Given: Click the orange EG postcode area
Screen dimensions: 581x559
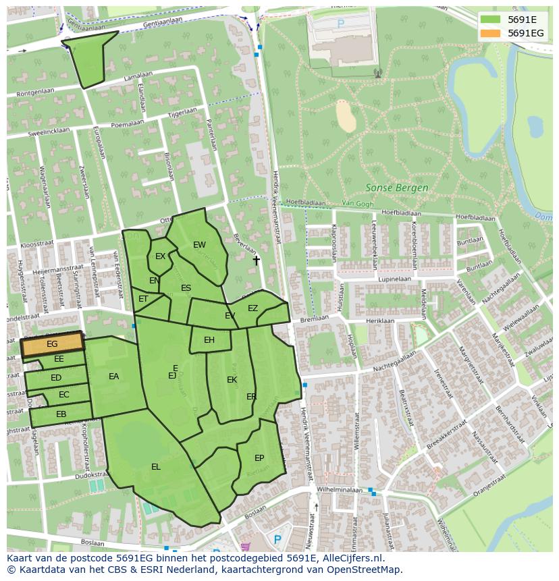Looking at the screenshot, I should [52, 344].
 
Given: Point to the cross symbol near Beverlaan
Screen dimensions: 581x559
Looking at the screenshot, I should [256, 260].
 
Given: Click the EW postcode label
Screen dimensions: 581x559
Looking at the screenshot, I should [199, 245].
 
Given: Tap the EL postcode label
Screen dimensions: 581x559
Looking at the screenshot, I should [156, 466].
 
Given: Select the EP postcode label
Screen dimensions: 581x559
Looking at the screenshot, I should [259, 458].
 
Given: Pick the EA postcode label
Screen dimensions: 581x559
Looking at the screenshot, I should [113, 377].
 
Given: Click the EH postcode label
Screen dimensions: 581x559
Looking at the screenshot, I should [209, 340].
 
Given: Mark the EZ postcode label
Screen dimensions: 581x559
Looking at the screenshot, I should [252, 308].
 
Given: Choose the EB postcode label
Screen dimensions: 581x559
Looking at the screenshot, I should [61, 414].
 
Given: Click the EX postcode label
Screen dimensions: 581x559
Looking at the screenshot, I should [160, 256].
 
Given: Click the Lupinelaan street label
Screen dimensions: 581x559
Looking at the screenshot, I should [395, 278].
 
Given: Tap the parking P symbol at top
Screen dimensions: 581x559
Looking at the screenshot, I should [340, 23].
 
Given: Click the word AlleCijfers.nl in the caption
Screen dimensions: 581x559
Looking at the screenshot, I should [352, 559].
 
